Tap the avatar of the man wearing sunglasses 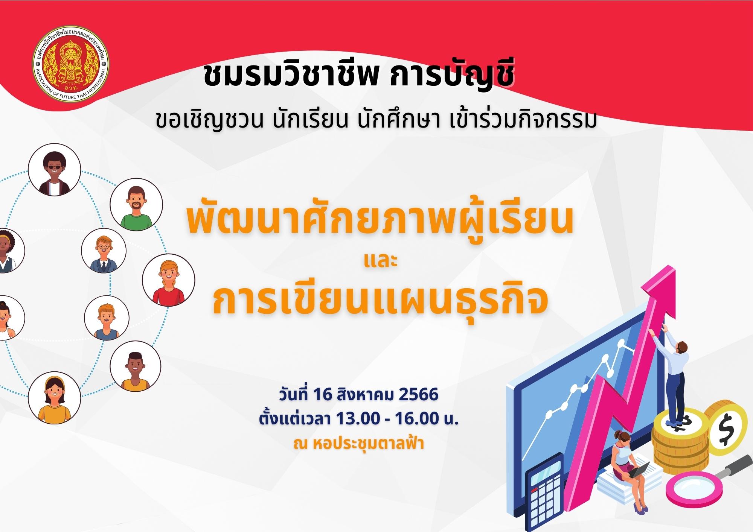point(55,170)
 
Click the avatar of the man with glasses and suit point(104,251)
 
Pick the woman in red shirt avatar point(169,280)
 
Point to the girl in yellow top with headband point(54,397)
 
